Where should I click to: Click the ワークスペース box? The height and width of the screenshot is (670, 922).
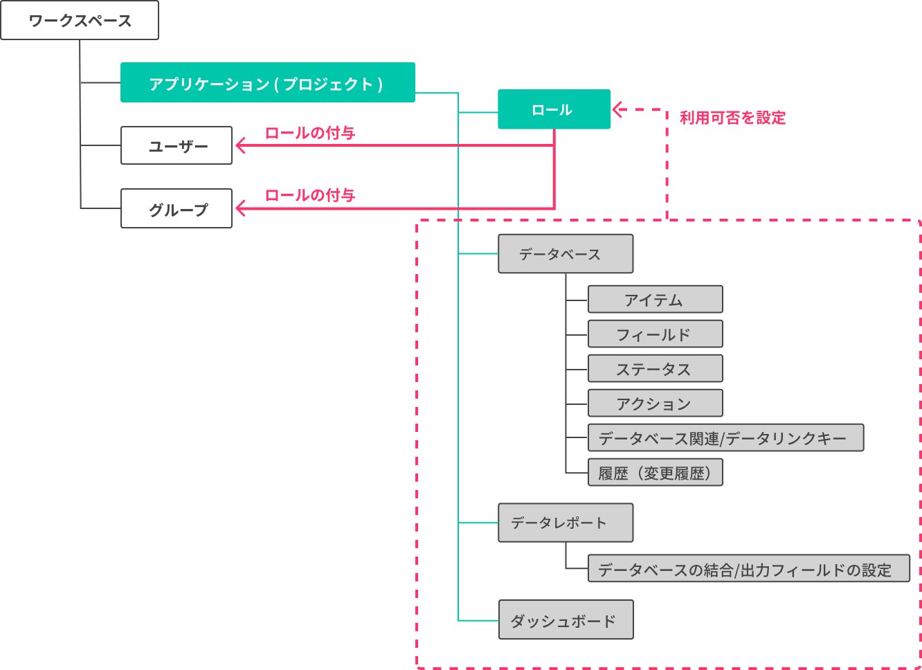(80, 21)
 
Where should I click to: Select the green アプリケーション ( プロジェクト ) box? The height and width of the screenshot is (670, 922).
(267, 83)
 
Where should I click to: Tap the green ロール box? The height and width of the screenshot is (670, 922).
(554, 109)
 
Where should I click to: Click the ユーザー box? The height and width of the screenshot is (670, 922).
(177, 145)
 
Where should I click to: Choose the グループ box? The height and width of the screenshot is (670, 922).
(177, 208)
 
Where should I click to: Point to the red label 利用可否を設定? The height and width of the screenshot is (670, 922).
(732, 118)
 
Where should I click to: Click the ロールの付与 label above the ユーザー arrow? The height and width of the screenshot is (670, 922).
(310, 133)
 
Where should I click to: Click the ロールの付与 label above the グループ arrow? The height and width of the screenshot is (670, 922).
(310, 195)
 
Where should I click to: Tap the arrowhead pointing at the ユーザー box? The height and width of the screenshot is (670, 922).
(240, 145)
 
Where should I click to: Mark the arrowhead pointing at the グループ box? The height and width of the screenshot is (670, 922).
(240, 208)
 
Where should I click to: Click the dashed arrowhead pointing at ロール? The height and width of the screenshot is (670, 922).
(618, 109)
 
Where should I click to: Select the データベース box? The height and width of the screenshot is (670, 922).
(565, 254)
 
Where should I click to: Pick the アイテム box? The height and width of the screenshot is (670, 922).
(655, 300)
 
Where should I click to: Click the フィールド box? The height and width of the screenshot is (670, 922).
(655, 334)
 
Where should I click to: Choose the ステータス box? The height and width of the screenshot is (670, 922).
(655, 369)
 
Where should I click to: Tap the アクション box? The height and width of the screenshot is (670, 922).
(655, 404)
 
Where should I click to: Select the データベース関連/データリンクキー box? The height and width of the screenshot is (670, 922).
(725, 438)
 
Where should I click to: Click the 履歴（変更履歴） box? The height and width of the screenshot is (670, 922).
(655, 473)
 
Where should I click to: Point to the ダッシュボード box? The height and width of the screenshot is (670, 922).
(565, 620)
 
